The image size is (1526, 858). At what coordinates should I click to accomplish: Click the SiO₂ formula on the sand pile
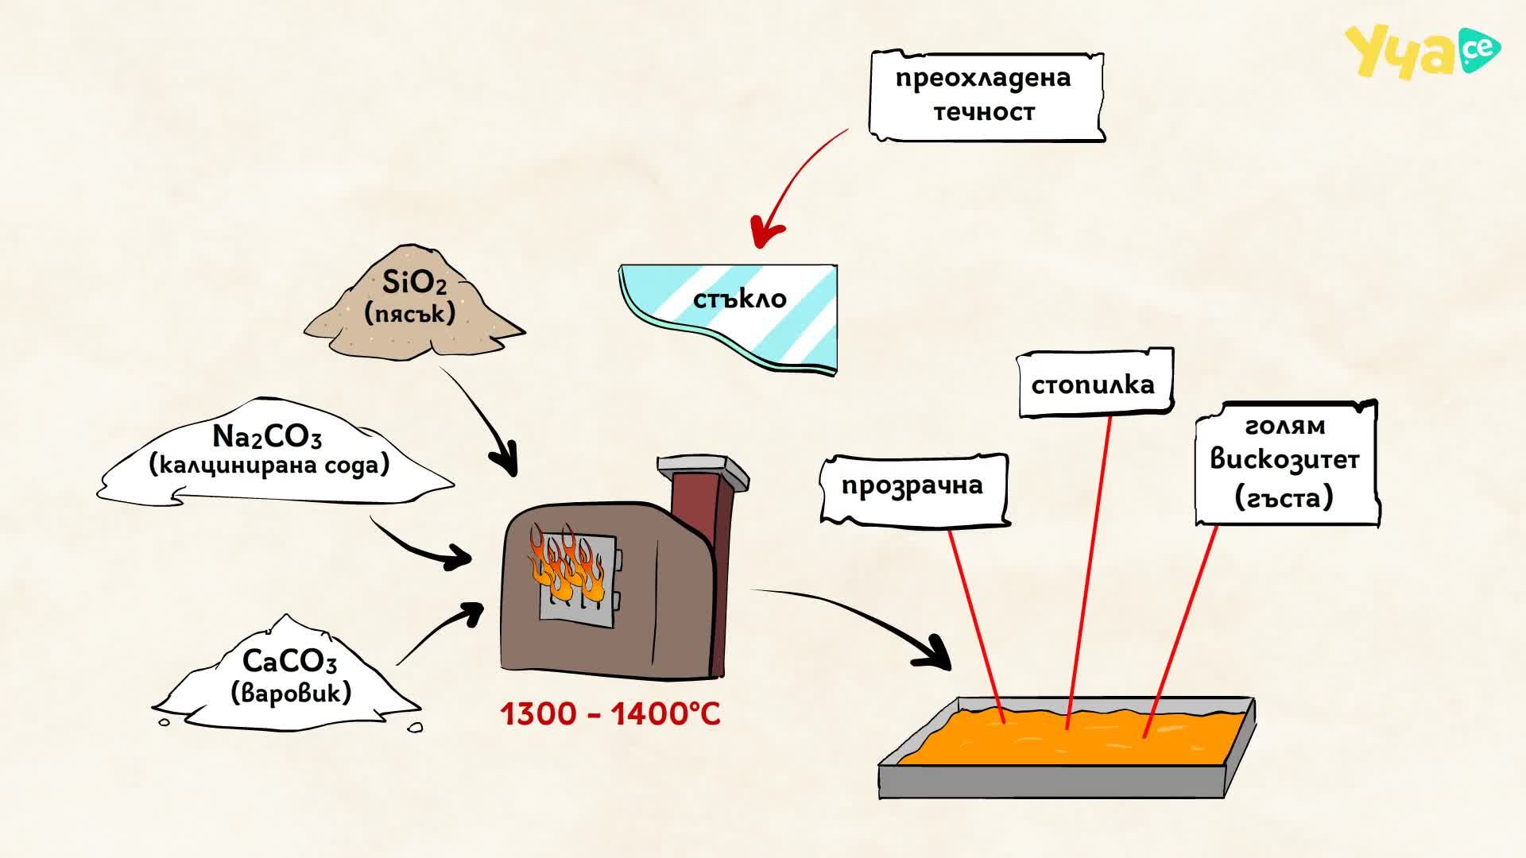tap(414, 282)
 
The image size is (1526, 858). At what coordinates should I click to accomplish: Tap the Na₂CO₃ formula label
tap(267, 436)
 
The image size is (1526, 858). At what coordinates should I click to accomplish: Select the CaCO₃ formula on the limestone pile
tap(289, 661)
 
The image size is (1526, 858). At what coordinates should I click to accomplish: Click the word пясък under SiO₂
tap(410, 313)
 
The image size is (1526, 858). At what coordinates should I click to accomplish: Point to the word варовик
tap(291, 693)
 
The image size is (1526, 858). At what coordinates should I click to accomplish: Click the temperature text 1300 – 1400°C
tap(610, 713)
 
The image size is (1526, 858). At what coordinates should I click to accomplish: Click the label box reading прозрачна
tap(914, 489)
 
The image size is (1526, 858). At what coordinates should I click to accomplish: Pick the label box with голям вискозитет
tap(1287, 462)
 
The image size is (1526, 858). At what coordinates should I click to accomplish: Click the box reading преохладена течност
tap(986, 96)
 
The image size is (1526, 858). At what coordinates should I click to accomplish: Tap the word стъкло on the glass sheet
tap(739, 299)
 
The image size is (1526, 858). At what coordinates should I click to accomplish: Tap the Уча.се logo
tap(1422, 51)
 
